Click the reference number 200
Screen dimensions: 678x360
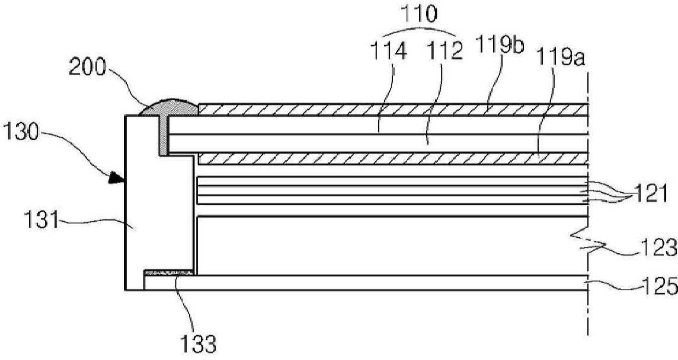87,68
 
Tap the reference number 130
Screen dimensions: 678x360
21,131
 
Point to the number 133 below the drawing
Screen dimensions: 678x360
198,344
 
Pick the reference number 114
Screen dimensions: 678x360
390,52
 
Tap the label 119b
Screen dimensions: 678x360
500,44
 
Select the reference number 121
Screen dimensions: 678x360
651,193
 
